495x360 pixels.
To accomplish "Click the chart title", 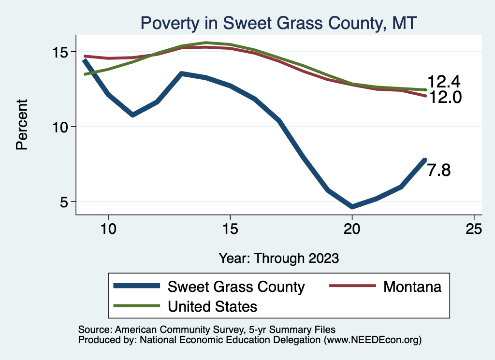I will coord(278,23).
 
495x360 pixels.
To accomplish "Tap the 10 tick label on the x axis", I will coord(108,229).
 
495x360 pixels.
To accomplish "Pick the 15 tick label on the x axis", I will coord(230,229).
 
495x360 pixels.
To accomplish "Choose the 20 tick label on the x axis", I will coord(352,229).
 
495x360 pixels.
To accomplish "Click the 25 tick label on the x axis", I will coord(474,229).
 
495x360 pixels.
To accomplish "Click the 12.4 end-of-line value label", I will coord(443,82).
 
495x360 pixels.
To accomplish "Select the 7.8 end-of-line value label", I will coord(439,170).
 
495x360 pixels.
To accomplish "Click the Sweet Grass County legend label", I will coord(236,287).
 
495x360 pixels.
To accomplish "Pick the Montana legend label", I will coord(412,287).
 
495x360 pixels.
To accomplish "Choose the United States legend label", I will coord(212,306).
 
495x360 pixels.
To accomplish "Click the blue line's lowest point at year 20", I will coord(352,207).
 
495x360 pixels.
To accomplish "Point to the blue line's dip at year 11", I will coord(132,115).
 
